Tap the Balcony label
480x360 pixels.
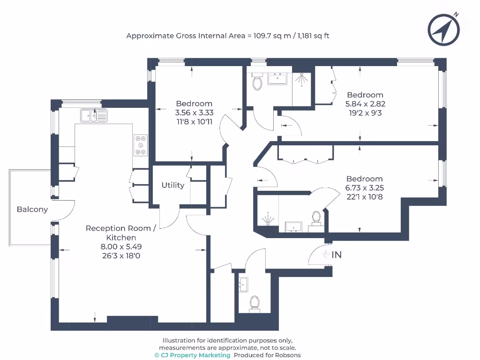32,210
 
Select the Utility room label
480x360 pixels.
173,185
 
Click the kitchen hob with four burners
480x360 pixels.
141,145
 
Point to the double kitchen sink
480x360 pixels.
94,115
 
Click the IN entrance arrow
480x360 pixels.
332,255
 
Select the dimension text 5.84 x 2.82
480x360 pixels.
365,104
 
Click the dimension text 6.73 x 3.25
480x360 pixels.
364,187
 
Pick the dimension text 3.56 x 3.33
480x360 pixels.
194,112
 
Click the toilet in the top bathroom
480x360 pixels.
257,82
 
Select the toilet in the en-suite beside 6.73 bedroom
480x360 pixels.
316,217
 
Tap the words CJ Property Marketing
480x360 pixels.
195,355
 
